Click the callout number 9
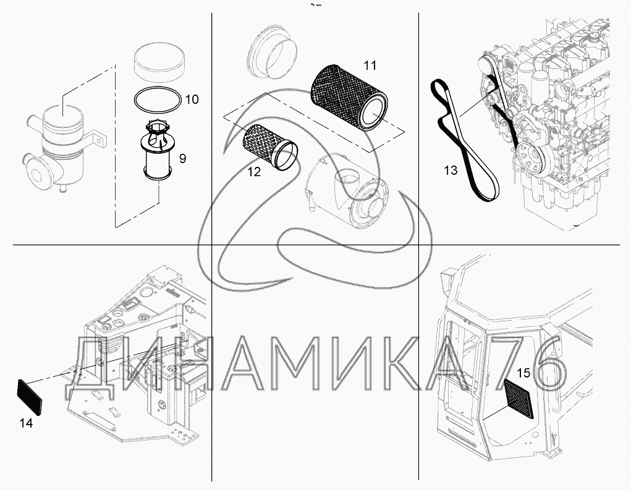point(182,158)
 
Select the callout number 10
point(192,99)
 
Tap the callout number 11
point(370,65)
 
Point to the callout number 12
point(254,172)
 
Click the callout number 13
point(451,169)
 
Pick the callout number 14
point(25,423)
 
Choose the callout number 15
point(523,372)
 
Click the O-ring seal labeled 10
point(158,99)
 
